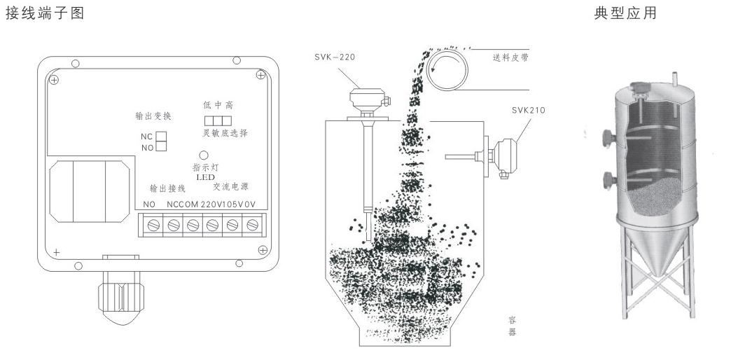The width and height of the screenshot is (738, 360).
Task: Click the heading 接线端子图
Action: coord(43,14)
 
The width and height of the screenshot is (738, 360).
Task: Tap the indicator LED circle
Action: coord(203,155)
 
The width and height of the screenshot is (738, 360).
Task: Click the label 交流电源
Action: coord(231,188)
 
